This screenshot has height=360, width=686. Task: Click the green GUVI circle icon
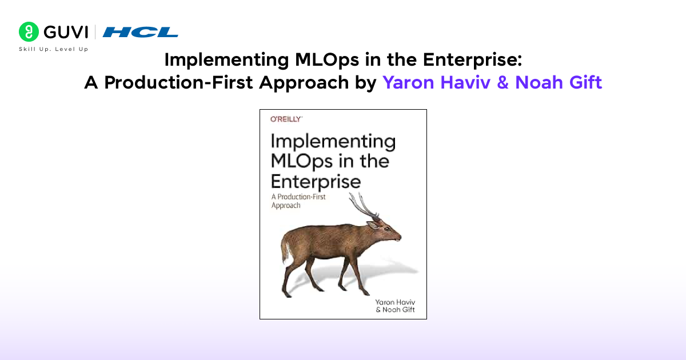[29, 31]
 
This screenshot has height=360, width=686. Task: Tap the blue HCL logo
[140, 32]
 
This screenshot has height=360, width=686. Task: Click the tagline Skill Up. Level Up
[54, 49]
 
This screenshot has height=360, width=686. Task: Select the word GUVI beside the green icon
[66, 32]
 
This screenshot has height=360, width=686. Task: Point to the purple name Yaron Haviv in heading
[436, 82]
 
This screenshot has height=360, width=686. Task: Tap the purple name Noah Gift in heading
[559, 82]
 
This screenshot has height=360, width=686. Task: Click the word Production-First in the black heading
[178, 83]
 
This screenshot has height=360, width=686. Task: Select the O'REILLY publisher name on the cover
[286, 119]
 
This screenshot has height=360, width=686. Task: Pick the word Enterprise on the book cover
[316, 182]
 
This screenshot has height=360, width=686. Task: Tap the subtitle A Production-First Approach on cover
[298, 201]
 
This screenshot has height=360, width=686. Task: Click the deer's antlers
[365, 206]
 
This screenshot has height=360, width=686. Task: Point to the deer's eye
[387, 229]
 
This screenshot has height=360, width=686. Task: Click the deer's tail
[285, 250]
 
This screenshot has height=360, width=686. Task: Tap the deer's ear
[373, 225]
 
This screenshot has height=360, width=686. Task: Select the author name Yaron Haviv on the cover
[395, 302]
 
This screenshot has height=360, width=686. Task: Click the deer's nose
[399, 237]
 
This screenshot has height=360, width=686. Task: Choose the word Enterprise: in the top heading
[472, 60]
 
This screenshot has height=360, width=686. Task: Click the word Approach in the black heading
[304, 83]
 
